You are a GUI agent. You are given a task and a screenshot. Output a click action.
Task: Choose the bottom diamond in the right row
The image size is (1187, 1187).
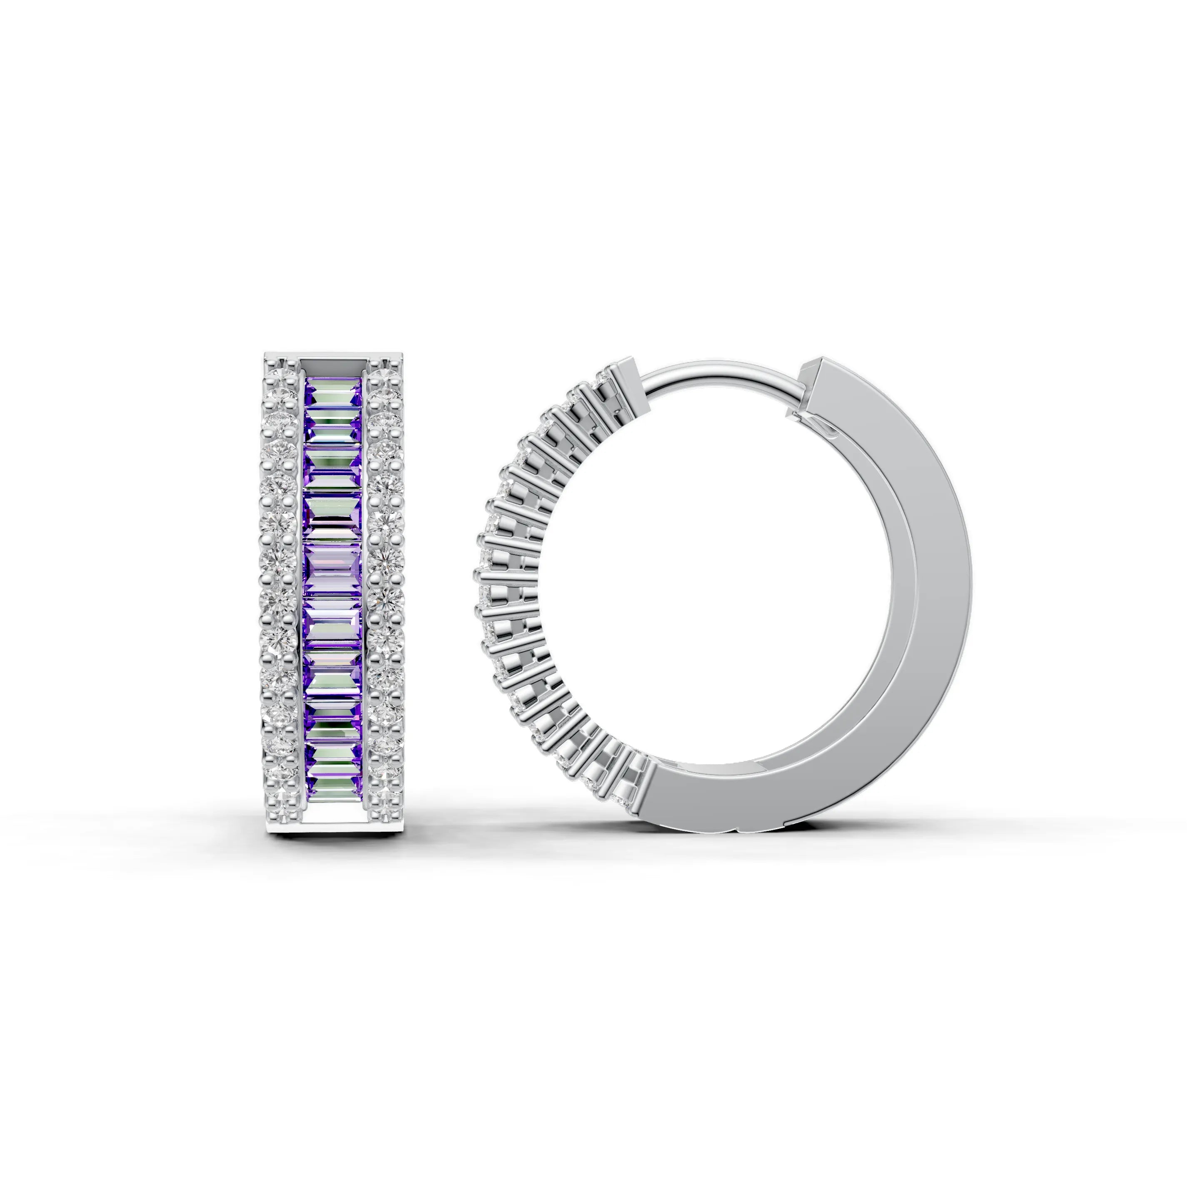385,799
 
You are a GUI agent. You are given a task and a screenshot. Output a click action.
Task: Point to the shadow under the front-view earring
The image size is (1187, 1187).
335,843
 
